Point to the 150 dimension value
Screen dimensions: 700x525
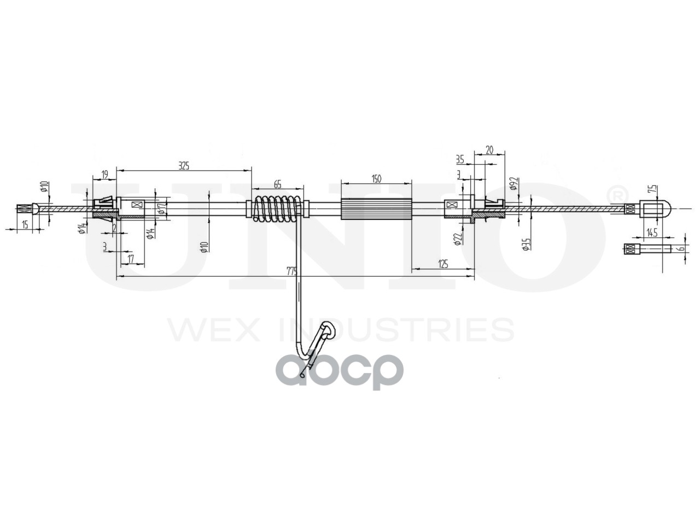pos(376,178)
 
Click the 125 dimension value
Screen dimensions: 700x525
pos(443,264)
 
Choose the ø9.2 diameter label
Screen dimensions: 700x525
pos(513,182)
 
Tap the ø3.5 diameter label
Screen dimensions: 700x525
pos(525,243)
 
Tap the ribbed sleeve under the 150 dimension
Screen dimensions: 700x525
pos(376,208)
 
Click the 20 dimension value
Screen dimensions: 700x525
pos(489,149)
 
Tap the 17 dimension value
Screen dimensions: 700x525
pos(130,258)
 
